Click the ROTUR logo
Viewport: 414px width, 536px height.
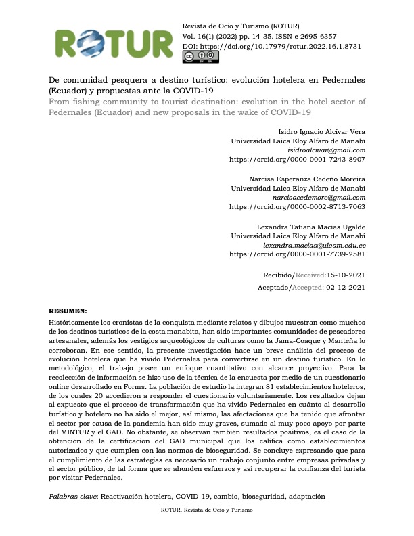(114, 45)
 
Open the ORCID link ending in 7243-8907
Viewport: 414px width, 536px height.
(298, 160)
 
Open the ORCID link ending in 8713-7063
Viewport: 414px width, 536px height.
(298, 207)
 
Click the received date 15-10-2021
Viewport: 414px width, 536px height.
(346, 275)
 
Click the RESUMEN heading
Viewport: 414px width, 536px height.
(68, 311)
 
